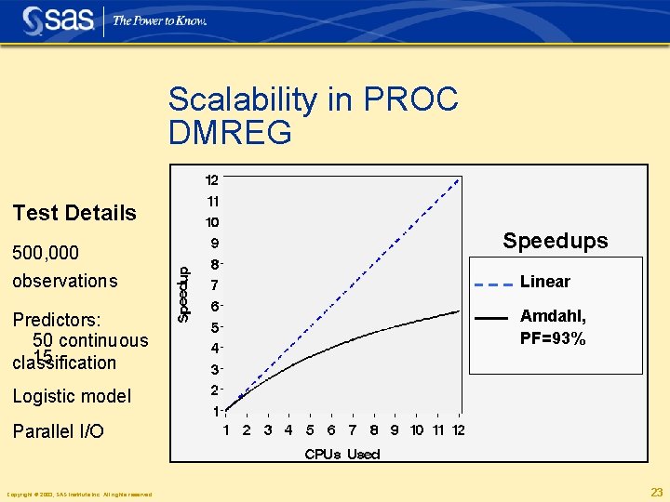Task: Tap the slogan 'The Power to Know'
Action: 159,20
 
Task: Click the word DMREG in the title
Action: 230,133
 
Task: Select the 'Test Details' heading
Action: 74,213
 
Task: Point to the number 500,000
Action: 45,254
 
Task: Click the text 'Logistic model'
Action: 72,396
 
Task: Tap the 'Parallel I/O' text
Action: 58,431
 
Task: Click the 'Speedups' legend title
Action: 555,241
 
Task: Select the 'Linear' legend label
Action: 545,282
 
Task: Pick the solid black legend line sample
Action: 490,318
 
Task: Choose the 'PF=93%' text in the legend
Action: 553,339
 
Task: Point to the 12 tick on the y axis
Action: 212,179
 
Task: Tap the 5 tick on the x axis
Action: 310,430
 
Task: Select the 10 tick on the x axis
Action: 417,430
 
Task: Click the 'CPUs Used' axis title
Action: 342,454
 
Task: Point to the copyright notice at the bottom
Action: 79,494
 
